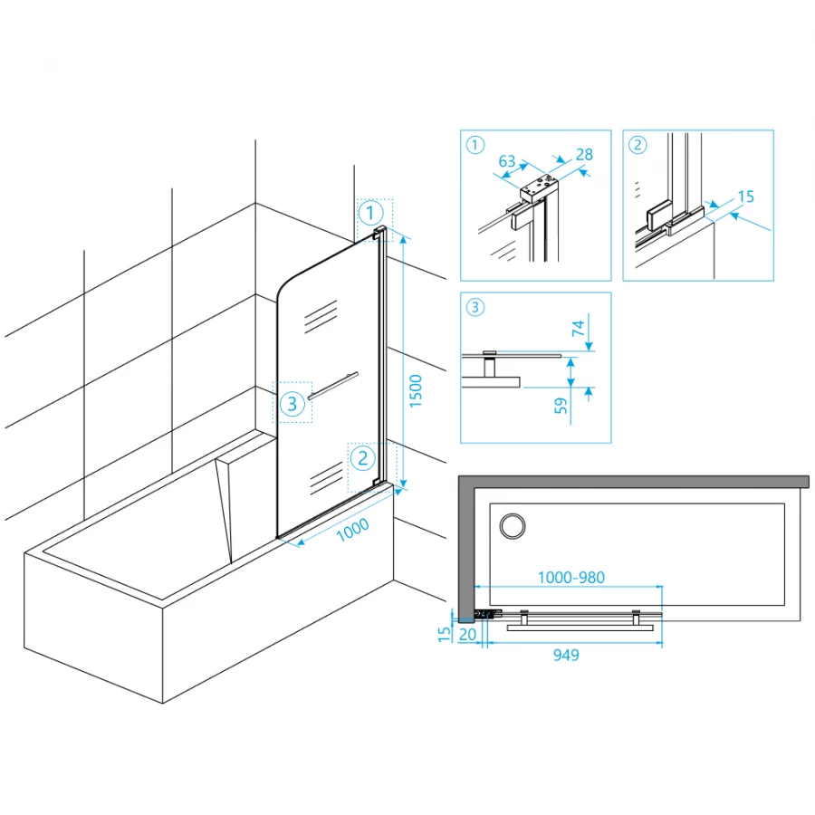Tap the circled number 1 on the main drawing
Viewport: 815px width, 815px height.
click(x=369, y=214)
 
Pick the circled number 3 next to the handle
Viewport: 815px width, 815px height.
click(x=292, y=404)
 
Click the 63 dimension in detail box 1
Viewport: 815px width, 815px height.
click(x=507, y=162)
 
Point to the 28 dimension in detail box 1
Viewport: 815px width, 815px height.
click(x=584, y=155)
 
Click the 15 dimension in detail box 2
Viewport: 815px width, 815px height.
click(x=746, y=197)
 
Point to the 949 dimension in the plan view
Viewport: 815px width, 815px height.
click(x=565, y=655)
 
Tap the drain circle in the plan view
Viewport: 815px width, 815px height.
click(x=512, y=525)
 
